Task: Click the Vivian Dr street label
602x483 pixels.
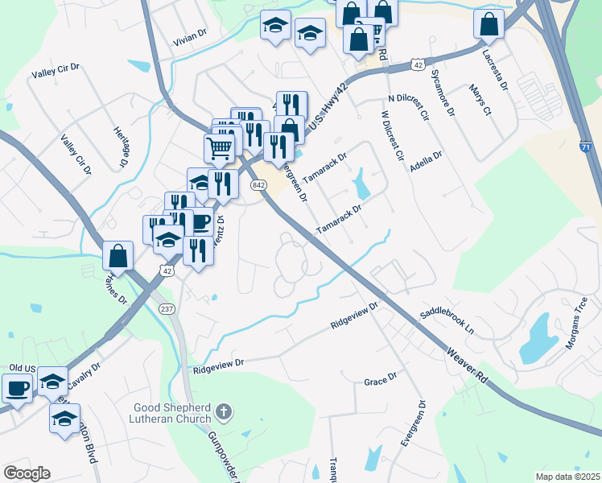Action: coord(190,37)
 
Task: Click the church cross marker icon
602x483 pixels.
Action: coord(225,413)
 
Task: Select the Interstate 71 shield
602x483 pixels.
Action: coord(586,148)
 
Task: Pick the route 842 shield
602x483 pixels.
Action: coord(258,185)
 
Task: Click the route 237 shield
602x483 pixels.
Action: coord(167,309)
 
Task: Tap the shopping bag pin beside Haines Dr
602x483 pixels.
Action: coord(118,256)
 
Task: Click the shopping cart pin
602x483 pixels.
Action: coord(219,148)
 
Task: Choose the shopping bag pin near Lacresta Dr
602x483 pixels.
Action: coord(489,25)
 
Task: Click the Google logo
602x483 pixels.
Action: coord(27,473)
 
